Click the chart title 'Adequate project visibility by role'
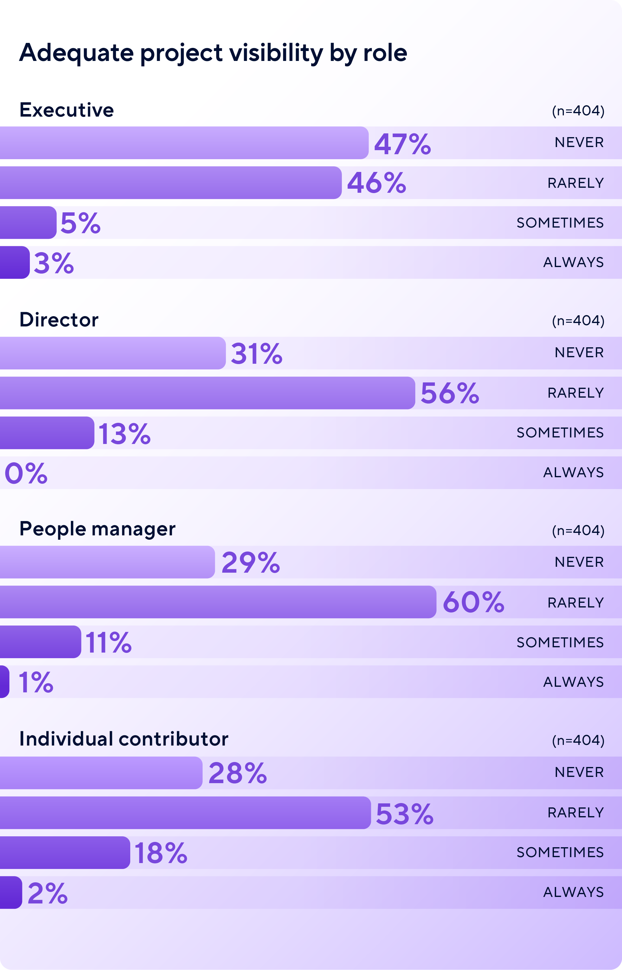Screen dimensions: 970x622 coord(213,53)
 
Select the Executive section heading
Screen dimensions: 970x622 coord(67,110)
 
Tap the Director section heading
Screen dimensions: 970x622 coord(59,320)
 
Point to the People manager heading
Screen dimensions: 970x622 coord(97,529)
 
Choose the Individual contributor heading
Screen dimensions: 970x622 coord(124,739)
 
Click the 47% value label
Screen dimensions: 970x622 coord(402,144)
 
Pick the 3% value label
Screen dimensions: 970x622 coord(54,263)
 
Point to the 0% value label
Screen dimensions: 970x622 coord(26,473)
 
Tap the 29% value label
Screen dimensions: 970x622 coord(251,562)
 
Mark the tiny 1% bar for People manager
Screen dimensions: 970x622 coord(4,681)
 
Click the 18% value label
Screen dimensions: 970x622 coord(161,853)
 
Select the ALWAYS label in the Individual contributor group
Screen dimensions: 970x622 coord(573,892)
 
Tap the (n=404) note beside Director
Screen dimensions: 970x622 coord(578,320)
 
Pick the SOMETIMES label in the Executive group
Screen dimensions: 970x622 coord(560,223)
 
